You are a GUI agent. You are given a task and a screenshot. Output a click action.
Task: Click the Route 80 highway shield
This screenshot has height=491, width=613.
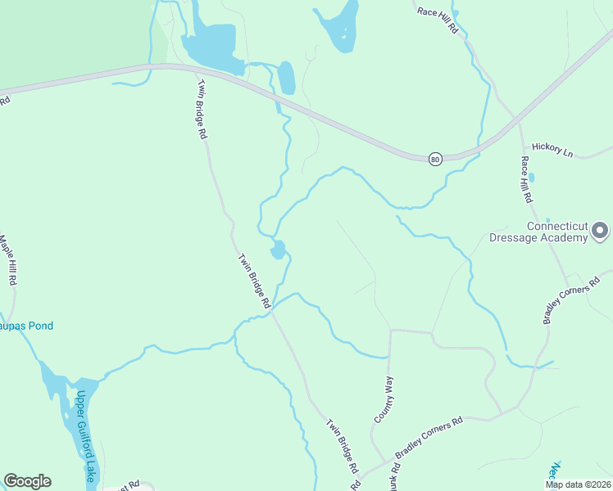point(435,159)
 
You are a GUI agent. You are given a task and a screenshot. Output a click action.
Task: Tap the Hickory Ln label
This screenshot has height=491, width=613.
point(552,150)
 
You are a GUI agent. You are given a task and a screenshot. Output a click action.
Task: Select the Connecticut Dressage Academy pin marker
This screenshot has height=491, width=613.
point(601,230)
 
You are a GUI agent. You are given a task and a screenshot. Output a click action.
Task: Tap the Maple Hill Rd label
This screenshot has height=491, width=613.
point(8,260)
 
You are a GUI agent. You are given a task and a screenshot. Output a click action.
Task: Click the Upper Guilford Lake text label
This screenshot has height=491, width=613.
point(84,433)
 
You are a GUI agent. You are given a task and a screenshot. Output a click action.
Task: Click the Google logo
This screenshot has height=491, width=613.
point(27,481)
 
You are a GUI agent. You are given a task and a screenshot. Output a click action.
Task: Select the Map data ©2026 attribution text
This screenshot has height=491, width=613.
point(579,484)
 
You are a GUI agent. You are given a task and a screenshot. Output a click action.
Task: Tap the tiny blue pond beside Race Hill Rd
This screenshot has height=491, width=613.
point(532,177)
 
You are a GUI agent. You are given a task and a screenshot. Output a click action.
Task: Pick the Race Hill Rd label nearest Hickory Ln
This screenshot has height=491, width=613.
point(525,179)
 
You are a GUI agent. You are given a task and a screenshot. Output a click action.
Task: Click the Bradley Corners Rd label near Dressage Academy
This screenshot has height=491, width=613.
point(571,300)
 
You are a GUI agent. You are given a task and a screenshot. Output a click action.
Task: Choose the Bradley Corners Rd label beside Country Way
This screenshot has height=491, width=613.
point(429,436)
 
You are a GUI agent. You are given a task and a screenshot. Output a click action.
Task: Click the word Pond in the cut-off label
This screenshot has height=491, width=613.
point(39,326)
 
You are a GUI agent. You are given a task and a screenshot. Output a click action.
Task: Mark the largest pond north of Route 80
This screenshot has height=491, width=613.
point(212,46)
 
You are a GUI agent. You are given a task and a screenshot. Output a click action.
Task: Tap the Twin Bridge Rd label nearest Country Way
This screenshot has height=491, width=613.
point(343,446)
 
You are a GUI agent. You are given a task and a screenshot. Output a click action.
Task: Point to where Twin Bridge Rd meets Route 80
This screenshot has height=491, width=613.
point(194,69)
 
